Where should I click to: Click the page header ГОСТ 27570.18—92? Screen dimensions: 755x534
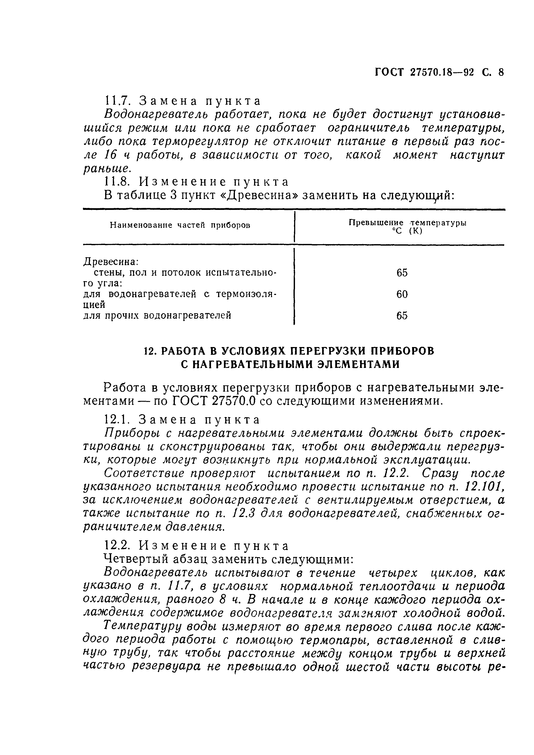click(424, 82)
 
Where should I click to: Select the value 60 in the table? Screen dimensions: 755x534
click(402, 294)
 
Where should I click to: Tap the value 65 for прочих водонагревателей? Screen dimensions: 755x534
click(402, 316)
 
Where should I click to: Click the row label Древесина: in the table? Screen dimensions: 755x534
click(111, 262)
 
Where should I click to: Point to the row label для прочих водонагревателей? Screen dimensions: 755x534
click(157, 316)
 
